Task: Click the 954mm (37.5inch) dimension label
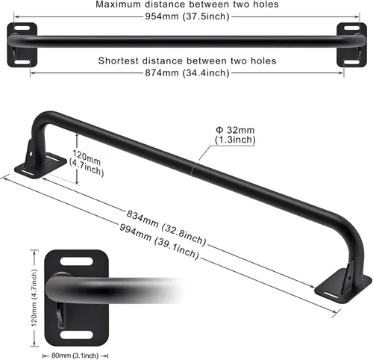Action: pos(186,19)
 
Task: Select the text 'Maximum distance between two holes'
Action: pos(186,4)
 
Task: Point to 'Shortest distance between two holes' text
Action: pos(186,60)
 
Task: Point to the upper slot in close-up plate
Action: pos(77,261)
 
